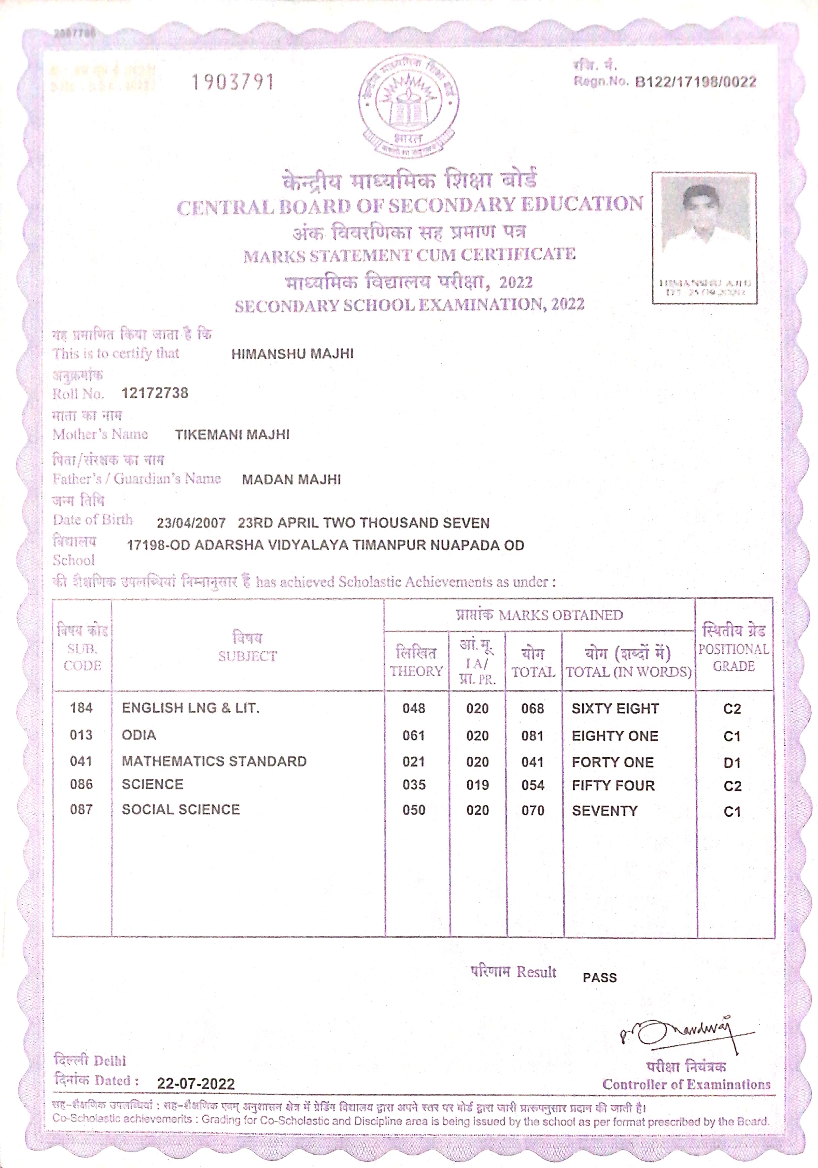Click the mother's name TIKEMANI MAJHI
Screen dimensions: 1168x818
[x=232, y=435]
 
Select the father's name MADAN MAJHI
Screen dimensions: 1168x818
[x=291, y=480]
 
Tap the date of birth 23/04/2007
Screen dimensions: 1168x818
[x=191, y=523]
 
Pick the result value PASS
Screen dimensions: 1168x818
[x=599, y=978]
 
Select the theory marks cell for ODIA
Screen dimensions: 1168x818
[x=413, y=736]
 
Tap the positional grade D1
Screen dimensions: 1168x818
[x=731, y=763]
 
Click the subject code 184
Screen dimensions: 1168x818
[x=82, y=708]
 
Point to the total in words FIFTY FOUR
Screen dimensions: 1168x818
[x=613, y=785]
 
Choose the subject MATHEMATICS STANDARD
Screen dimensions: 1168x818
[x=214, y=761]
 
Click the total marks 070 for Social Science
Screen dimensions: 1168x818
[x=532, y=810]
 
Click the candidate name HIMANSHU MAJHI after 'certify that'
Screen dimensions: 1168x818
[x=292, y=354]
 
